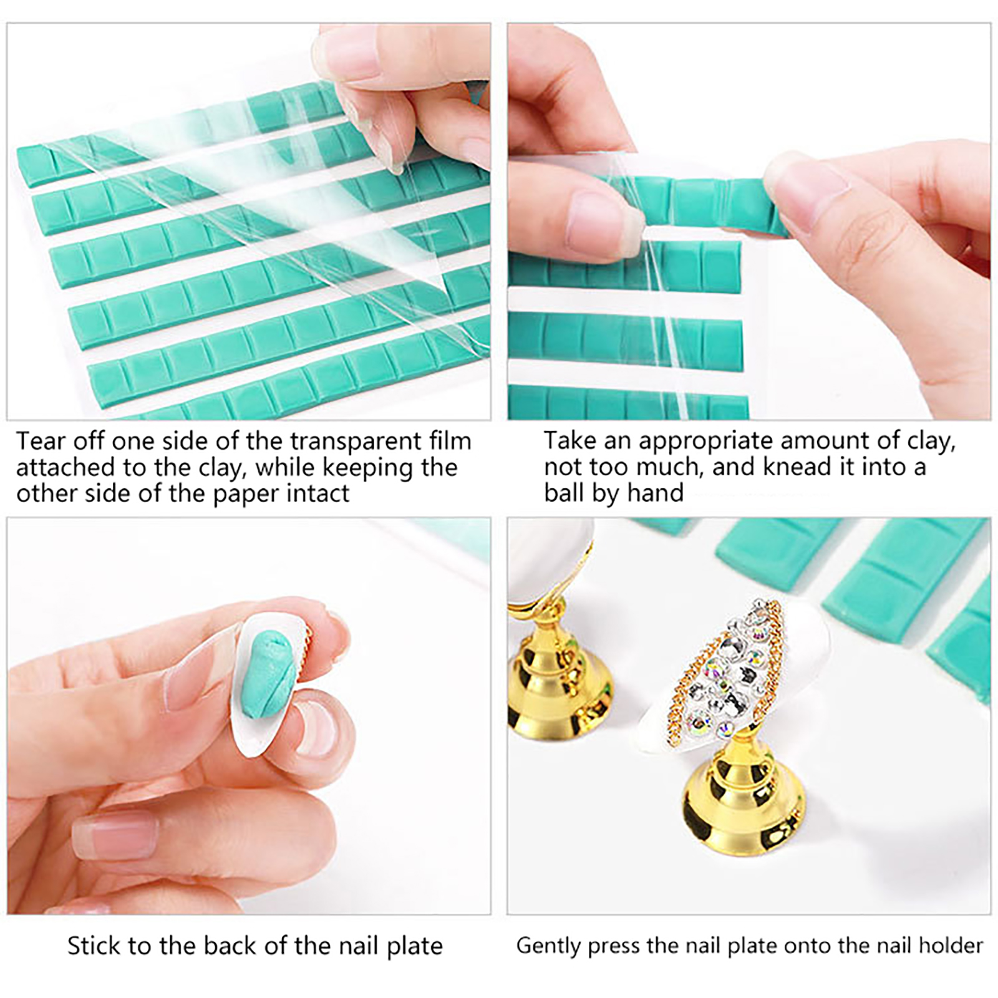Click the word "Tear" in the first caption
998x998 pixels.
point(41,441)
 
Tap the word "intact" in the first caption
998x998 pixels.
point(318,493)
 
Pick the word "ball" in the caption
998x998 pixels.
point(563,493)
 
